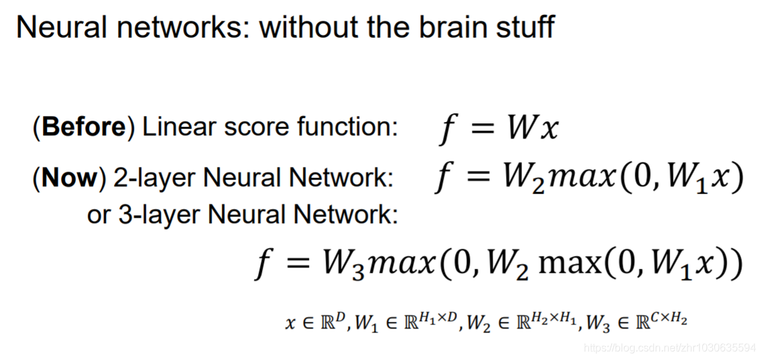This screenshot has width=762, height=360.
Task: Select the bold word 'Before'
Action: pos(83,127)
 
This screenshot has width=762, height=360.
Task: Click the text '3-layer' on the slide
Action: pos(160,214)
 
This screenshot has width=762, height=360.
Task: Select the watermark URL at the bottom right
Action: pos(669,348)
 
